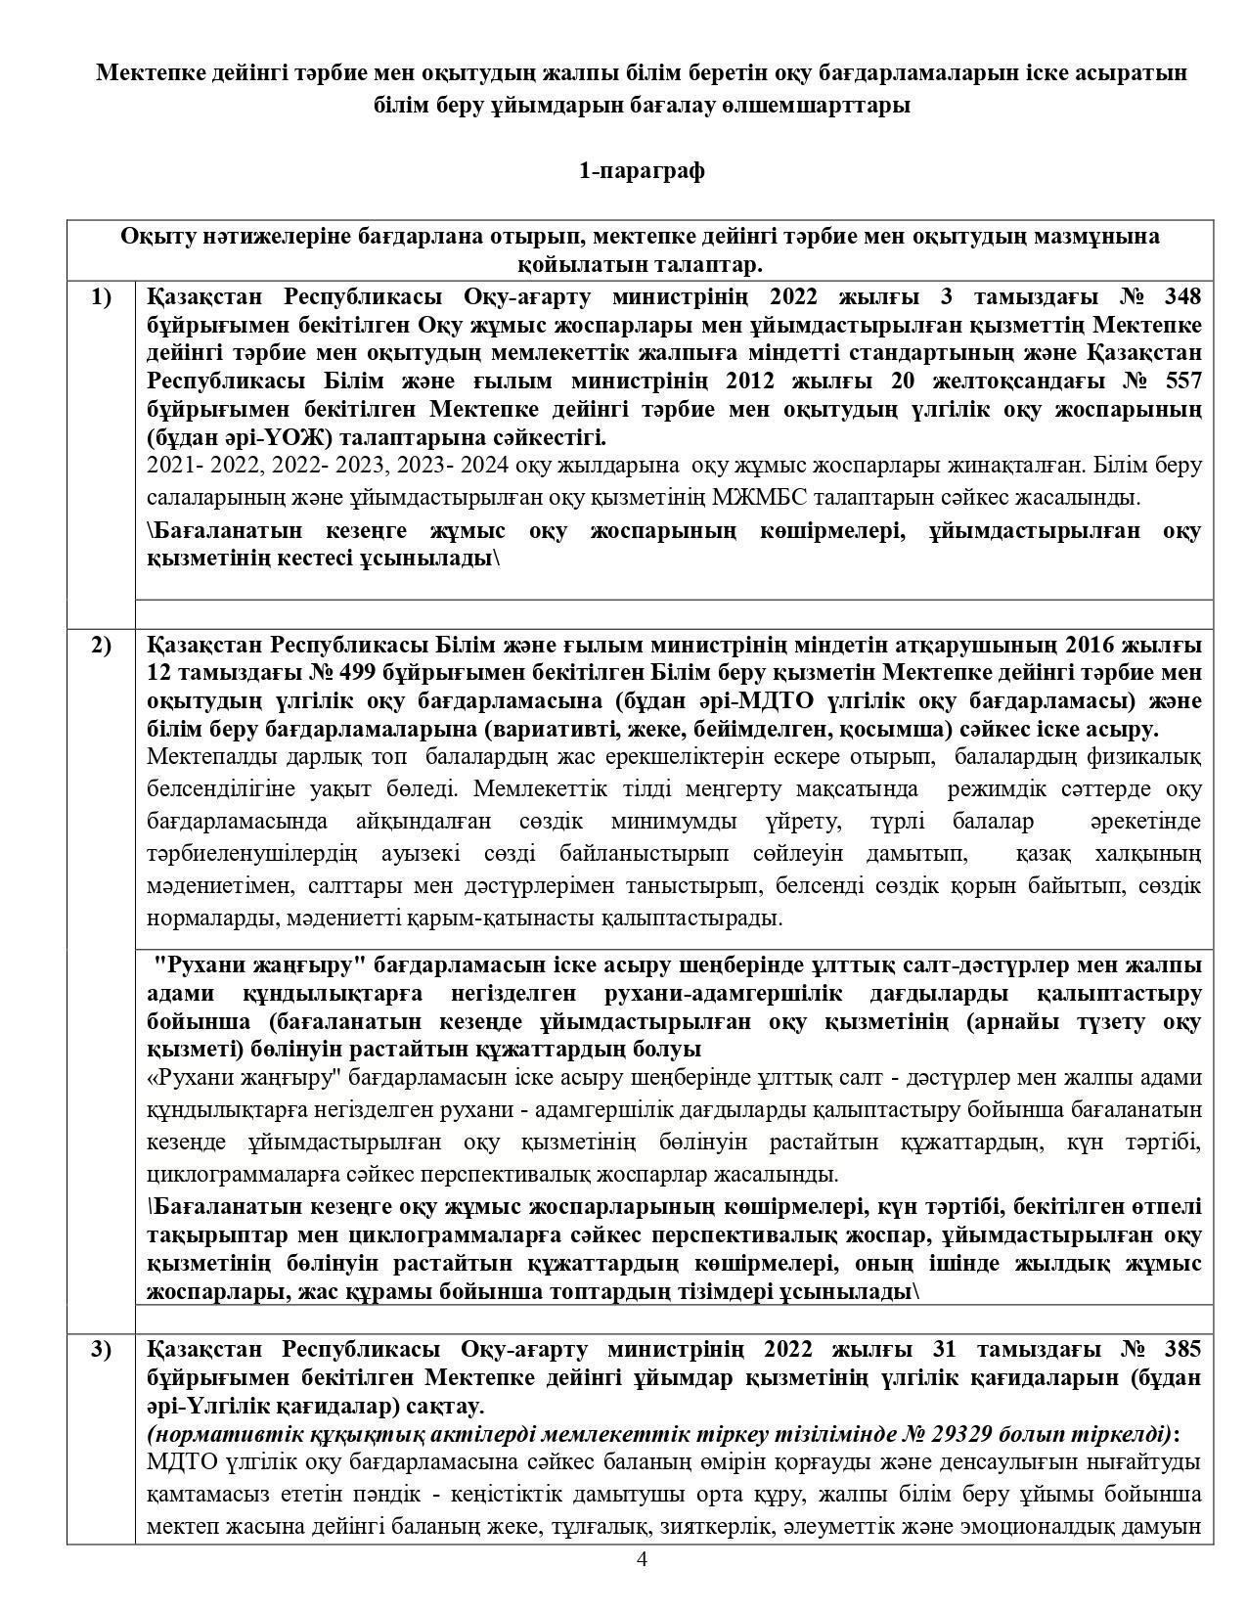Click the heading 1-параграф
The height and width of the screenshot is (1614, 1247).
pyautogui.click(x=642, y=171)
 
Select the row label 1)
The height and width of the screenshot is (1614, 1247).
pyautogui.click(x=101, y=296)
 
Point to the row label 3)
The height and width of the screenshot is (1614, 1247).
pyautogui.click(x=101, y=1350)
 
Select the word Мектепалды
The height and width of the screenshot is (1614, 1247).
pyautogui.click(x=207, y=757)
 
